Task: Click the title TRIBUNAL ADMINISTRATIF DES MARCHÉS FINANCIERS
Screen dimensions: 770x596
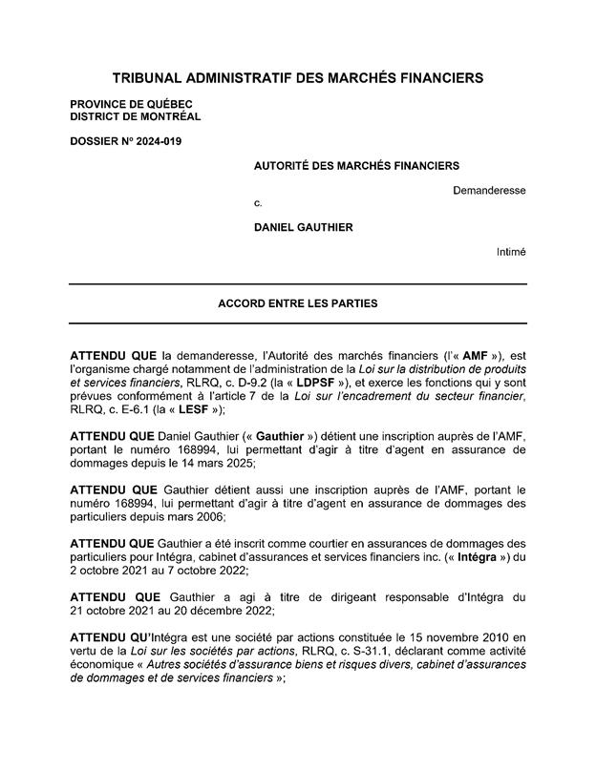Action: pos(298,76)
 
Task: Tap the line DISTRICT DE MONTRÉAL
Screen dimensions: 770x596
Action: pos(135,116)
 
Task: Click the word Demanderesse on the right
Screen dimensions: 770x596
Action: pos(489,190)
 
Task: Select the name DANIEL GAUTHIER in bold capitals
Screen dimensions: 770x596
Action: pos(303,227)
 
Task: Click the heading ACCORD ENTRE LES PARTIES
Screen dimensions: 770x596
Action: pos(298,304)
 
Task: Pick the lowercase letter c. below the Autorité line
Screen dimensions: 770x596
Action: pos(257,203)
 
